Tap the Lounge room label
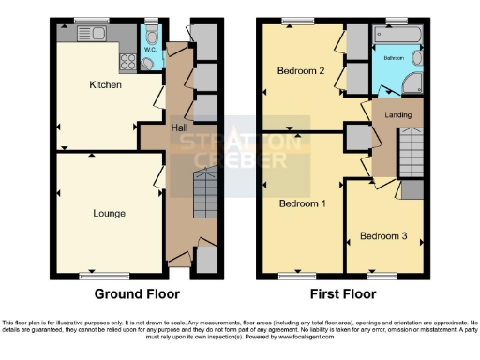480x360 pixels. tap(109, 213)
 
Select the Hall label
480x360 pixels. tap(182, 127)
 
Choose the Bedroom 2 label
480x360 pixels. tap(300, 71)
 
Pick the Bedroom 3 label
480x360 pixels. tap(383, 236)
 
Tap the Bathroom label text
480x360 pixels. tap(394, 57)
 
